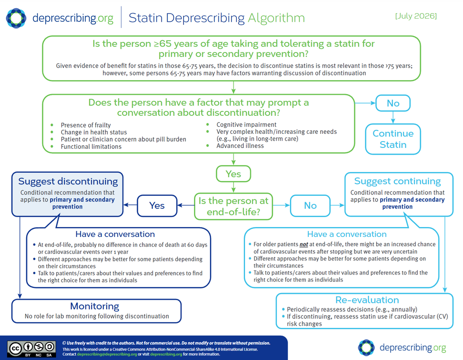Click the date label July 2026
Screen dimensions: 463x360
[x=416, y=16]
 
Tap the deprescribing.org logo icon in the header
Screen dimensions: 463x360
[x=16, y=18]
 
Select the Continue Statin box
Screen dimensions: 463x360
[x=393, y=139]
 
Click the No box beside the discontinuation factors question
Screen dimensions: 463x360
[x=393, y=103]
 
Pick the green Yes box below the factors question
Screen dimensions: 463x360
[x=234, y=174]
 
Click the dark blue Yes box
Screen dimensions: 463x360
[x=157, y=205]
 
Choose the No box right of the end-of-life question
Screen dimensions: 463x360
[x=310, y=205]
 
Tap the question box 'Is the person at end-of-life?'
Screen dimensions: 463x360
[x=234, y=206]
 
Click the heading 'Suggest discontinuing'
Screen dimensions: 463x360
[x=68, y=181]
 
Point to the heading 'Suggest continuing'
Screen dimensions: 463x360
[x=397, y=181]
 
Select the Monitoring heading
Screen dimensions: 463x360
[x=94, y=306]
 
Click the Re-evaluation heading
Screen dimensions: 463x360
[x=367, y=300]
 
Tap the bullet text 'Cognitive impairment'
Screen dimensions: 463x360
[x=246, y=125]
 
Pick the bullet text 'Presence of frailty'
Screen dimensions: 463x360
[x=85, y=125]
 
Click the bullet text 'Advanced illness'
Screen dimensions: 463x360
[x=240, y=146]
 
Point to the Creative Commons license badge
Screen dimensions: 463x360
[x=31, y=349]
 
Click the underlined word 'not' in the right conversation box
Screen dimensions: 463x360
[x=304, y=244]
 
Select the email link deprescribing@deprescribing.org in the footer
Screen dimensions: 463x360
[x=107, y=355]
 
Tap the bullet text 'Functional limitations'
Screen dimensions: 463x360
[x=91, y=147]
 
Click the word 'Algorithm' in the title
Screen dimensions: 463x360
[x=276, y=18]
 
